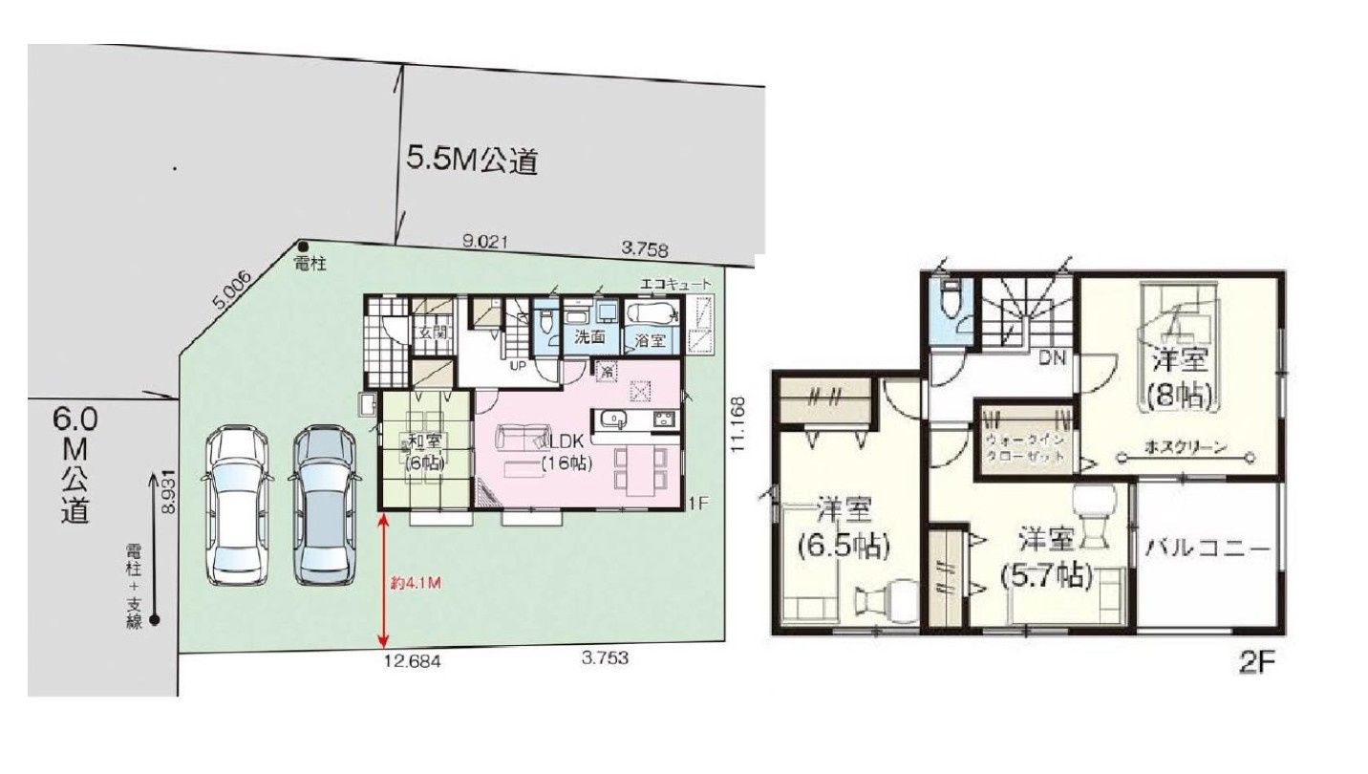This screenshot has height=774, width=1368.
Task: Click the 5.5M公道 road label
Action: click(472, 161)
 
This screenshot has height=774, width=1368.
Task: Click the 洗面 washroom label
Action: click(589, 336)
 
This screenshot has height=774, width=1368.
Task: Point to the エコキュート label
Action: click(676, 285)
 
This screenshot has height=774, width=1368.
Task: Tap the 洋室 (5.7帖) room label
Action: click(1046, 557)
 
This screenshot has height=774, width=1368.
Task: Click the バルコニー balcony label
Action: click(1208, 549)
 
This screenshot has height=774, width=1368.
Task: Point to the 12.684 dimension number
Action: click(412, 660)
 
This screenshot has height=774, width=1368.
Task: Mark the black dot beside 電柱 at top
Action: click(303, 247)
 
